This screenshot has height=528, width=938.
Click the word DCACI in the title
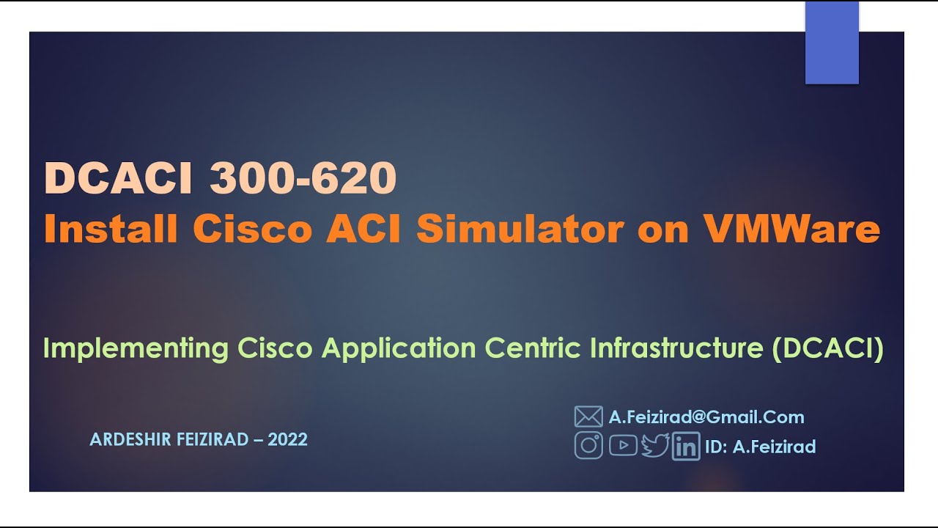[x=121, y=178]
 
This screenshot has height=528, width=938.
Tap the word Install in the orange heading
[x=111, y=230]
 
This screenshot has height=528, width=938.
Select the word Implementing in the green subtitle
[x=136, y=348]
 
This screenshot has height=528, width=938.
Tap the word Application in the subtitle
[x=399, y=348]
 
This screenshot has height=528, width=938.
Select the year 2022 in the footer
[x=287, y=440]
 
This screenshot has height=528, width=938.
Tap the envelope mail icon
[x=588, y=417]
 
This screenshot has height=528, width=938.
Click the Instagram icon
[x=588, y=446]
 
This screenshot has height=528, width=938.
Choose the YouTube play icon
[x=623, y=445]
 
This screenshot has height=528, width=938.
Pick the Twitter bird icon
[x=655, y=445]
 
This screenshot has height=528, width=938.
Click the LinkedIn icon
[x=686, y=447]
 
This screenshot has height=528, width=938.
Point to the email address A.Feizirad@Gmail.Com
[x=706, y=417]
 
